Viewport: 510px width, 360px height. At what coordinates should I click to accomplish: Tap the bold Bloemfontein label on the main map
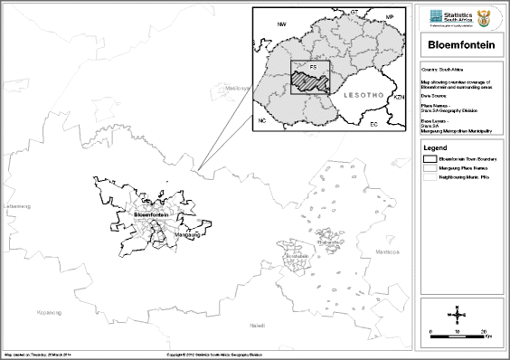(x=151, y=213)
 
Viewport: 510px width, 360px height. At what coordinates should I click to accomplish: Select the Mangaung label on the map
(x=186, y=233)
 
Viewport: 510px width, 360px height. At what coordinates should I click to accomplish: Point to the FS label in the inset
(x=313, y=67)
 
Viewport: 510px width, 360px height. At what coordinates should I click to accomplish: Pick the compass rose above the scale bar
(x=458, y=316)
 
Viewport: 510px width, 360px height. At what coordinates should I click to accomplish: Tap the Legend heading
(x=438, y=147)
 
